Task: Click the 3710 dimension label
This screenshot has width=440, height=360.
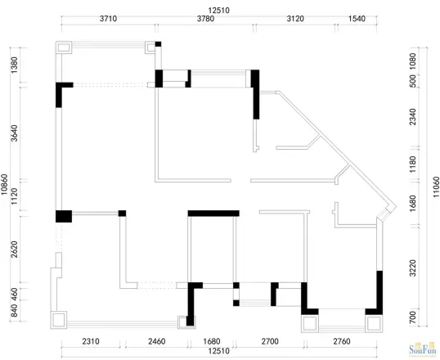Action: pyautogui.click(x=108, y=19)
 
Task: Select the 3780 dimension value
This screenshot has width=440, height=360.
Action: pyautogui.click(x=206, y=19)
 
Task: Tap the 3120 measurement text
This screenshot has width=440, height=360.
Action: pyautogui.click(x=295, y=19)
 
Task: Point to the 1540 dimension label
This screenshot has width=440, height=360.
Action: pyautogui.click(x=357, y=19)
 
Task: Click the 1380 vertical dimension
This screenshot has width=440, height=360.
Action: pyautogui.click(x=14, y=65)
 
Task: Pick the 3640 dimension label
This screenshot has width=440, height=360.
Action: pyautogui.click(x=14, y=133)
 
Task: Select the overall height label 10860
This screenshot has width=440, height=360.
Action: pyautogui.click(x=4, y=184)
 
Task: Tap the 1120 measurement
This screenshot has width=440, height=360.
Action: pyautogui.click(x=14, y=196)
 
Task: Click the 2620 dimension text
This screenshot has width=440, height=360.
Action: pyautogui.click(x=14, y=249)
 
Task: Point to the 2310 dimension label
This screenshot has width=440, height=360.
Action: pyautogui.click(x=91, y=341)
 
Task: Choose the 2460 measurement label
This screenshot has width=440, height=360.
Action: pyautogui.click(x=157, y=341)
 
